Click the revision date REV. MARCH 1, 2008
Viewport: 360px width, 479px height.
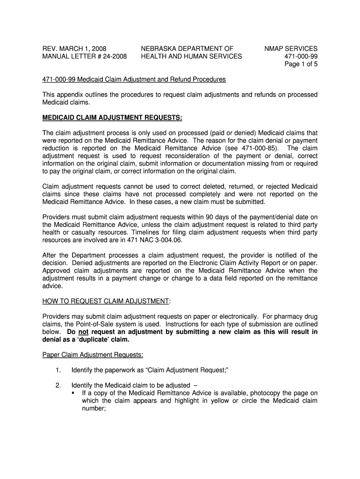click(74, 49)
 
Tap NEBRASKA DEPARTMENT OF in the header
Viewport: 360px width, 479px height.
click(187, 49)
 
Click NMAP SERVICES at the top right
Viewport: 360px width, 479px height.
click(291, 49)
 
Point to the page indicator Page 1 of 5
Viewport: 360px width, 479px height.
click(301, 65)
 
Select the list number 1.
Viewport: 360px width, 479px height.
click(58, 370)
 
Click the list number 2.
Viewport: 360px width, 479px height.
click(58, 385)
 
